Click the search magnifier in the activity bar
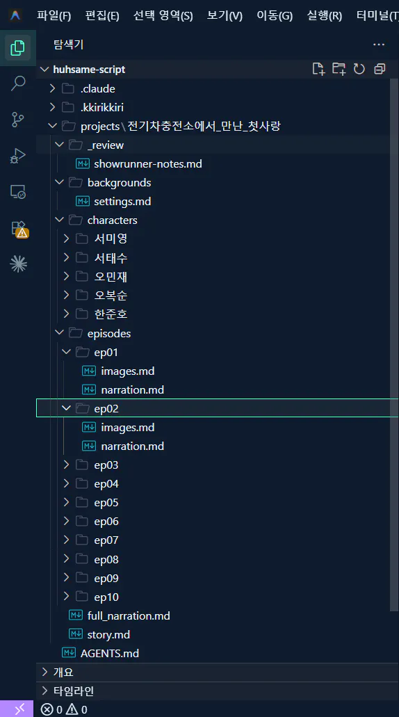pyautogui.click(x=18, y=83)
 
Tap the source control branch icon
pyautogui.click(x=18, y=120)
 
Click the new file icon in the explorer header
pyautogui.click(x=318, y=69)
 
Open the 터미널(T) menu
pyautogui.click(x=377, y=16)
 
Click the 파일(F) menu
pyautogui.click(x=54, y=16)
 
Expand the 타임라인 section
pyautogui.click(x=74, y=691)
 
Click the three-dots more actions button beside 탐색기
pyautogui.click(x=378, y=45)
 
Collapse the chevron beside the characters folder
pyautogui.click(x=59, y=220)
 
